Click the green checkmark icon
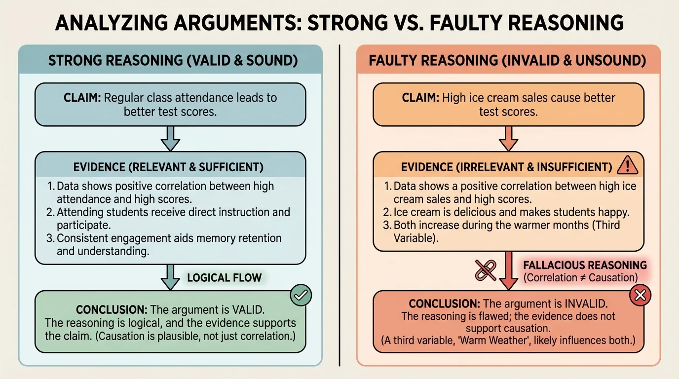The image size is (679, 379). click(x=301, y=295)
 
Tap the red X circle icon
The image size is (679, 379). click(x=640, y=295)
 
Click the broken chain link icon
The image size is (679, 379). click(x=485, y=270)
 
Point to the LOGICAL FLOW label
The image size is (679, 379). click(x=224, y=277)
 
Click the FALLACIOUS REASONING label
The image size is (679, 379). click(x=585, y=265)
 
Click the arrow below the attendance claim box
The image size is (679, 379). click(x=170, y=138)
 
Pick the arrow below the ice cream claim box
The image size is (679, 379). click(x=508, y=138)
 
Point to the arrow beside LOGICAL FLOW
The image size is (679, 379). click(x=170, y=277)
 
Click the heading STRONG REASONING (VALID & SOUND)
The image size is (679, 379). click(x=173, y=61)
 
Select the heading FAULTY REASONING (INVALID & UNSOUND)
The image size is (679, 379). click(x=508, y=61)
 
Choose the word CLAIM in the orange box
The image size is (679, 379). click(x=420, y=98)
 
